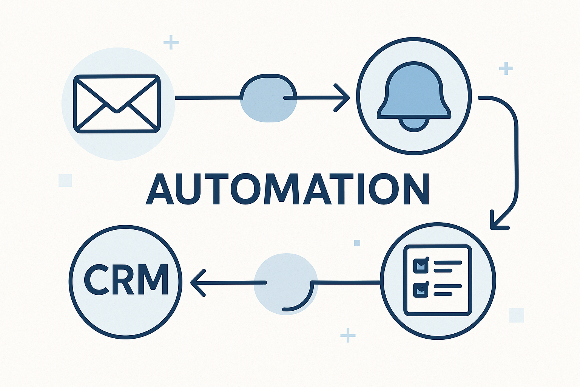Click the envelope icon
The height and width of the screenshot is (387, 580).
point(117,104)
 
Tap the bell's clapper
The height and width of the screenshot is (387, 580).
point(414,124)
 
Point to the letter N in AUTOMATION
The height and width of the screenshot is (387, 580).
point(415,189)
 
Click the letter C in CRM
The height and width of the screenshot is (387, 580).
point(97,280)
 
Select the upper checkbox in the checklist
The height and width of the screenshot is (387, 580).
point(421,265)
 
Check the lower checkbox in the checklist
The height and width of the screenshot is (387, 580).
point(421,289)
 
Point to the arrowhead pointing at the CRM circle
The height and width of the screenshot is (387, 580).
point(197,282)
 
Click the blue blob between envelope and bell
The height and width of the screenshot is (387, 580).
point(268,98)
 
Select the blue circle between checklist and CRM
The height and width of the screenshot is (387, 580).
point(285,283)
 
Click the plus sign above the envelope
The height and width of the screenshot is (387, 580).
point(171,42)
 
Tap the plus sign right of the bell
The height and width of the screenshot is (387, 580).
point(506,68)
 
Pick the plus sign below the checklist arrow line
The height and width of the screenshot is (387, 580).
point(348,335)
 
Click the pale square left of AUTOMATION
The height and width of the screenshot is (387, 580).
point(65,180)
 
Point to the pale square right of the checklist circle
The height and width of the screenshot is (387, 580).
point(517,315)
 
